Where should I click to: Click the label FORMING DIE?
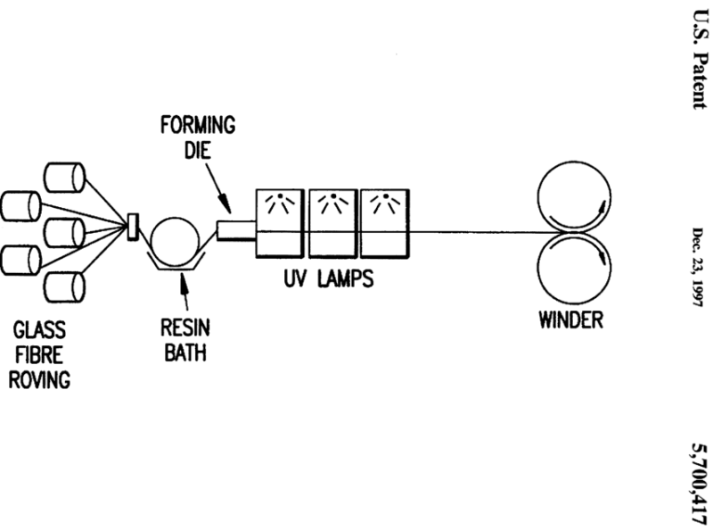(197, 137)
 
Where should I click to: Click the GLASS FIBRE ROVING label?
(42, 353)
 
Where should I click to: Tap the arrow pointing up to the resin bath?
(185, 287)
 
